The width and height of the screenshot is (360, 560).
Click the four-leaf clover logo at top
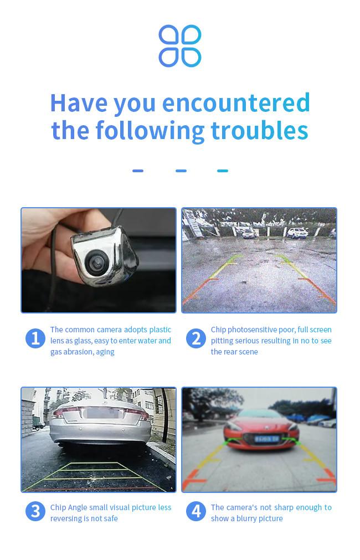tap(180, 46)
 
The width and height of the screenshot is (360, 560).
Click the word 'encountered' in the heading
tap(236, 103)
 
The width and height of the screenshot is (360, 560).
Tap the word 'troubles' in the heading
tap(260, 130)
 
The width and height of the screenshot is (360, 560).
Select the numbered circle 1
tap(35, 338)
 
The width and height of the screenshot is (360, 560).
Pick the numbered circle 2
tap(196, 338)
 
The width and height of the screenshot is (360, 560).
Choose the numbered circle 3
tap(35, 511)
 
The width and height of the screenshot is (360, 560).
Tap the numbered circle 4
tap(196, 511)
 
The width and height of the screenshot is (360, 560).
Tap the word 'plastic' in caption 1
tap(160, 330)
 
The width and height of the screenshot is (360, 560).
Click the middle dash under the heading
tap(181, 171)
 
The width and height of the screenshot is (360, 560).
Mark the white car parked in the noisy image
tap(297, 233)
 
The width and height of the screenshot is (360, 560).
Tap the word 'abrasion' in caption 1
tap(78, 352)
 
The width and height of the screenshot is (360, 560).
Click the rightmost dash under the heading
tap(223, 171)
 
